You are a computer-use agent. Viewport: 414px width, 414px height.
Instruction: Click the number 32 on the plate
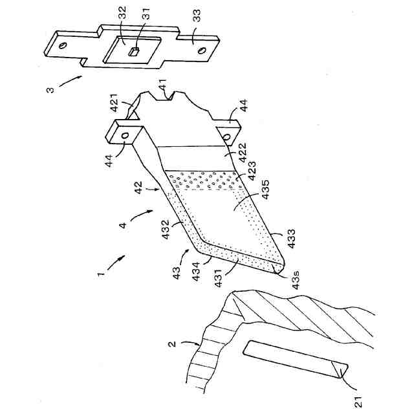pyautogui.click(x=122, y=14)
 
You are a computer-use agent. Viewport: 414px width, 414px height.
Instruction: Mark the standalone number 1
pyautogui.click(x=101, y=274)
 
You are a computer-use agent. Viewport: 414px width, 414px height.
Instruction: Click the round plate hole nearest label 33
pyautogui.click(x=202, y=50)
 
